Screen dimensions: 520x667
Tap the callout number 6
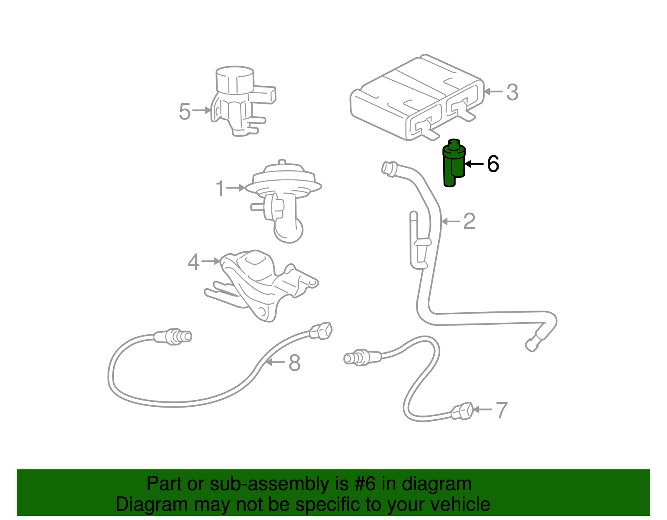(493, 164)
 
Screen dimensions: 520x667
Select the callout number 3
(512, 92)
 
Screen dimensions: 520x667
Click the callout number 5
(185, 111)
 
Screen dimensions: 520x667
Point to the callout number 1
(221, 188)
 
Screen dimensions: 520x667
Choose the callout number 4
(193, 262)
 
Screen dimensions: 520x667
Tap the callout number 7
(502, 410)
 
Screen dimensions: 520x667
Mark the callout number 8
(294, 363)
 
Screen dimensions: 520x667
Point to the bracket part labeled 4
(263, 283)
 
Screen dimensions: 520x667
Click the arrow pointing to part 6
(474, 164)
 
